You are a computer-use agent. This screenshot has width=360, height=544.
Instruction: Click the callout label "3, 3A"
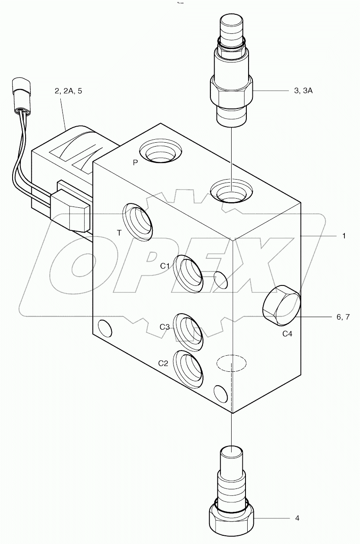pos(303,91)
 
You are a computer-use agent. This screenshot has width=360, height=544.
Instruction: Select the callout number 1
pos(344,236)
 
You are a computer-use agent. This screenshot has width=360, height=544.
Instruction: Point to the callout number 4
pos(297,518)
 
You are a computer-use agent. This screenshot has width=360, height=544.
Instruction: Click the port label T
pos(119,233)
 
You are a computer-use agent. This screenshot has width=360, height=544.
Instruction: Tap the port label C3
pos(164,327)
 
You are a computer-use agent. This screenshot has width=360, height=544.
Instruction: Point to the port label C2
pos(163,364)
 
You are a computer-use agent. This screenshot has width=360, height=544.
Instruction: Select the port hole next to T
pos(138,222)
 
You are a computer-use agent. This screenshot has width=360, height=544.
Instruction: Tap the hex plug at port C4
pos(281,305)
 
